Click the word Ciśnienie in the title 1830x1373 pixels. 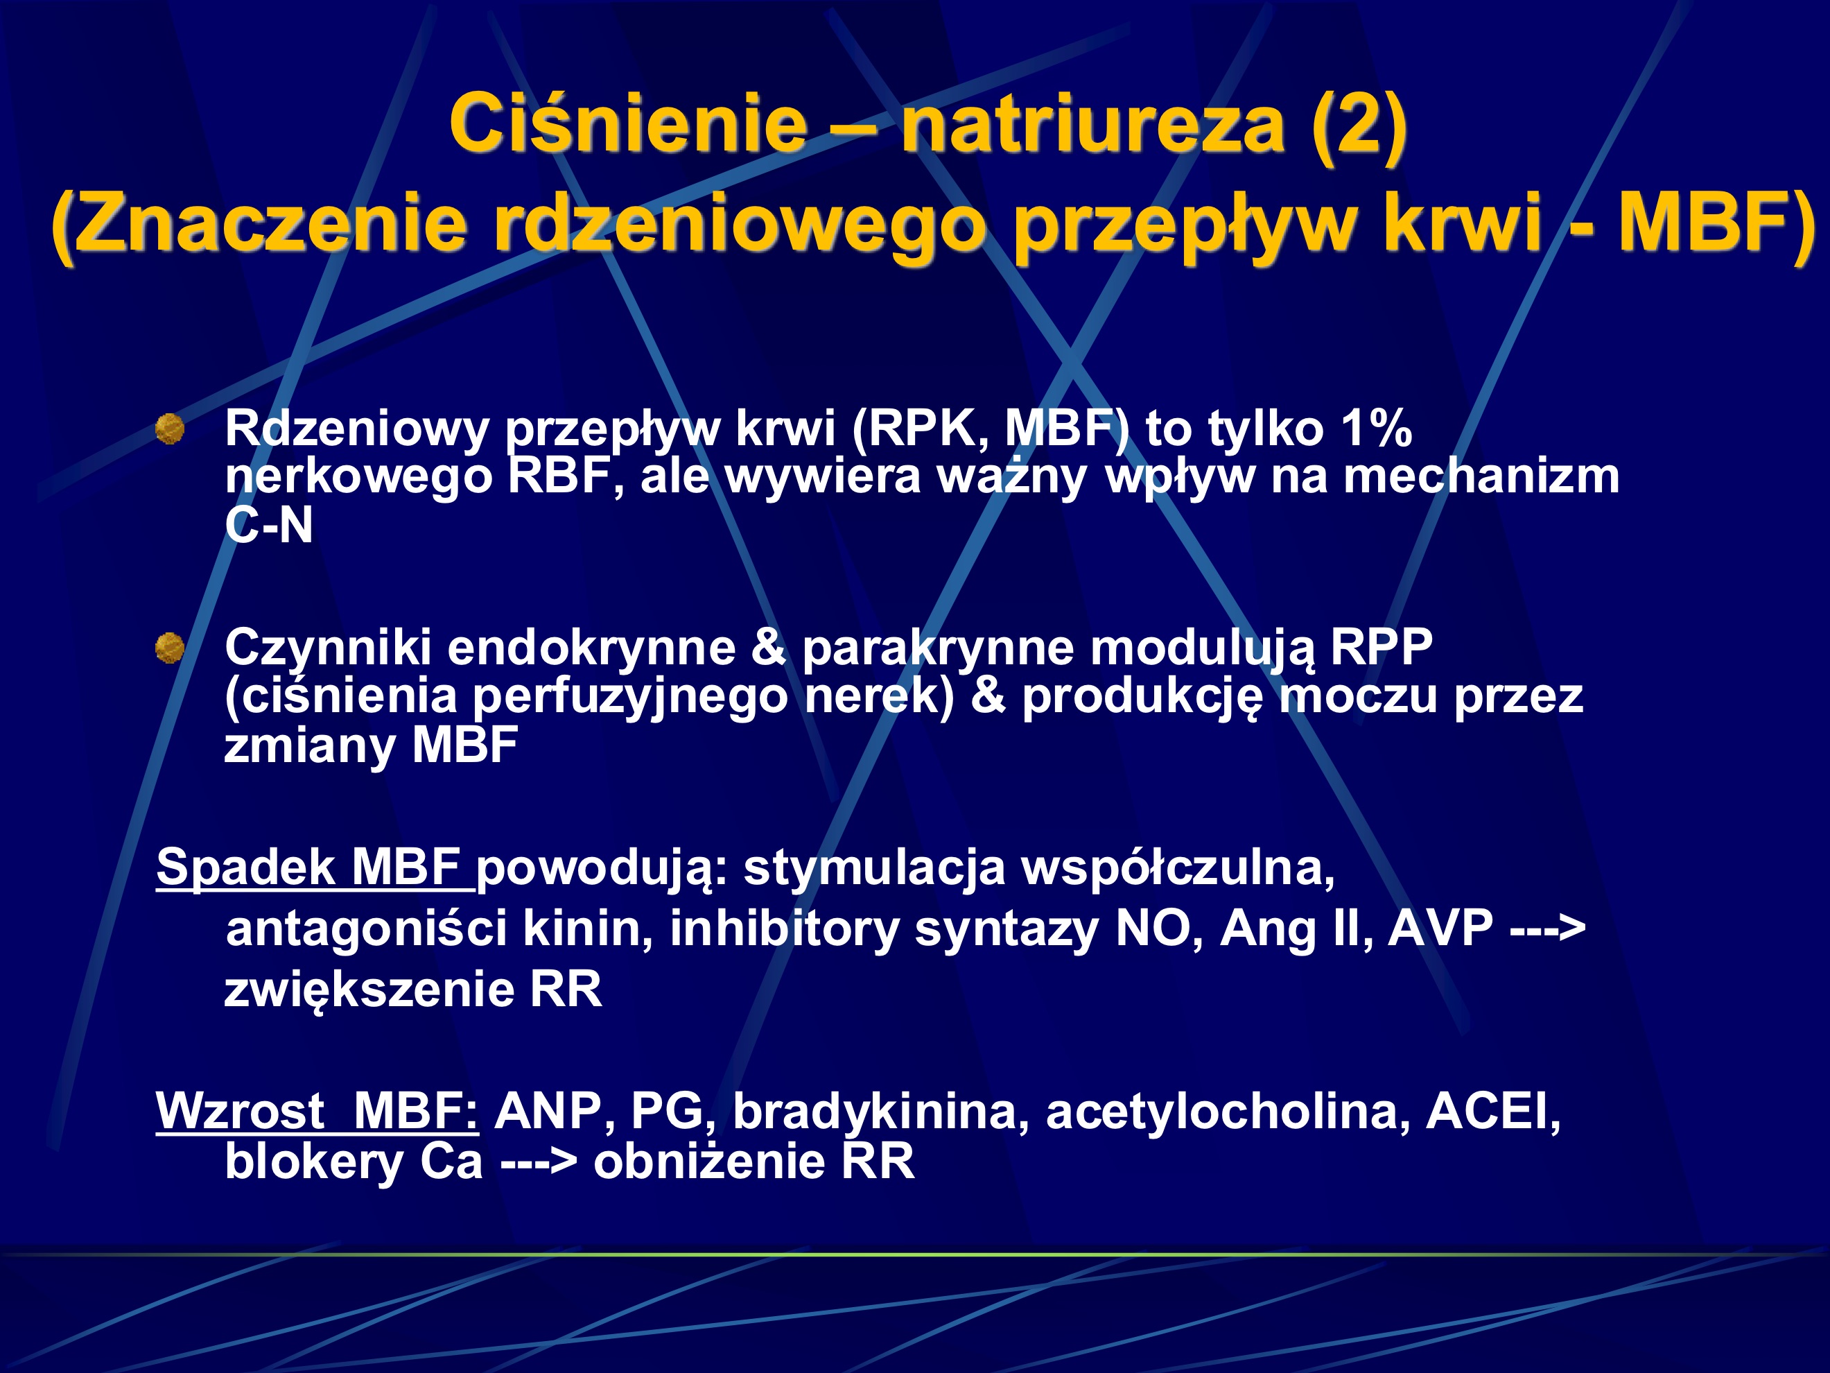click(628, 124)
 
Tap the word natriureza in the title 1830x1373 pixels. click(1092, 124)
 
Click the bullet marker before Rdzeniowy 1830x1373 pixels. click(171, 429)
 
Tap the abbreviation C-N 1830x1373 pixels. click(269, 525)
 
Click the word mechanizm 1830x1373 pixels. click(1481, 476)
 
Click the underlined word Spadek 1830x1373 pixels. click(245, 867)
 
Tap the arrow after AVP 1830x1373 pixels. click(1547, 928)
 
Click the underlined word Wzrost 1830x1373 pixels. click(240, 1111)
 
